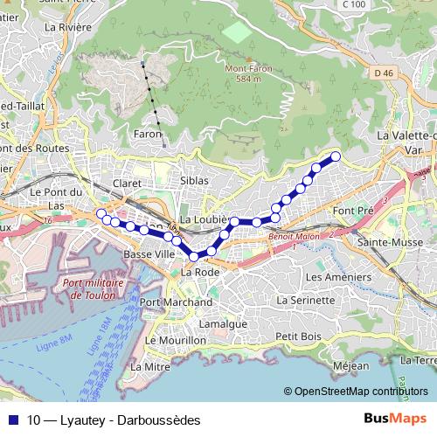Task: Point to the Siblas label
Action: [194, 180]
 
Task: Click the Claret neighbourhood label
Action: [127, 184]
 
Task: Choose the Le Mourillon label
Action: [175, 340]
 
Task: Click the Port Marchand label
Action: [176, 302]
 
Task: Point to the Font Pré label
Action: [353, 212]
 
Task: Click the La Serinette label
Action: [305, 300]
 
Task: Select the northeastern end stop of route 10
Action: [335, 156]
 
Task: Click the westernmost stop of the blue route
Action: [101, 213]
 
